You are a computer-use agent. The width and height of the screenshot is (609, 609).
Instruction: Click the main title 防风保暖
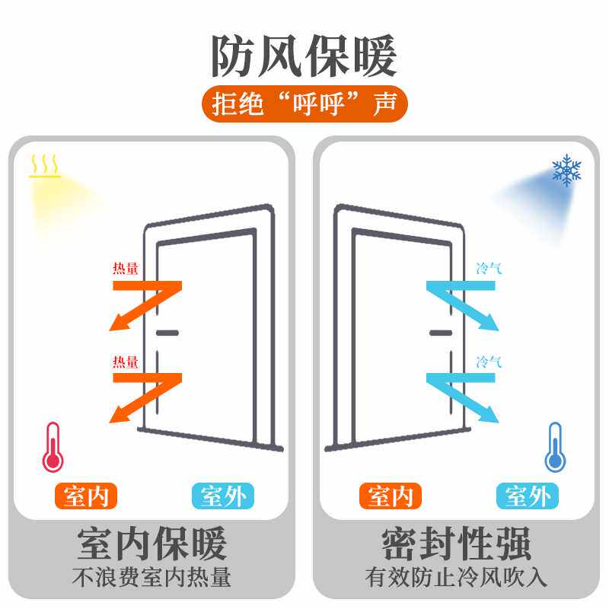coord(304,56)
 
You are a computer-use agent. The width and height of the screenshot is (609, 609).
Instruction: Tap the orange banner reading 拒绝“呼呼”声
coord(304,105)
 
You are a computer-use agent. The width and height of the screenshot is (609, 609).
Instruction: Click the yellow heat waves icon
coord(44,166)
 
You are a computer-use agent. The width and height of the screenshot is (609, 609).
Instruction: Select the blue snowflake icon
coord(566,171)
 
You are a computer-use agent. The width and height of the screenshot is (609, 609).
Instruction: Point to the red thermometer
coord(53,447)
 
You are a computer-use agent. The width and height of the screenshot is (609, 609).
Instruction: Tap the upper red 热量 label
coord(126,269)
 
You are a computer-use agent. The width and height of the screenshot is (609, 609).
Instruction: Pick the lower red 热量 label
coord(126,362)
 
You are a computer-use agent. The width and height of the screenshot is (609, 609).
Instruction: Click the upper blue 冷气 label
coord(489,269)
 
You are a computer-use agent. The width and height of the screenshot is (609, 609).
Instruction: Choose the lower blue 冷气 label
coord(489,362)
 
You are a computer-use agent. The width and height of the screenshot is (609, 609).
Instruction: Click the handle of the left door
coord(167,333)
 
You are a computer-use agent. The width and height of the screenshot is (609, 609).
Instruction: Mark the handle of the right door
coord(441,333)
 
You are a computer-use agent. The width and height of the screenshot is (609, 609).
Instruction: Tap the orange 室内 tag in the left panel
coord(86,497)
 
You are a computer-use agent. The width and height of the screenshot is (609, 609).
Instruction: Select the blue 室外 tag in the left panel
coord(222,497)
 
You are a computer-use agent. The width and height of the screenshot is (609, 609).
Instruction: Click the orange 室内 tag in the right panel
coord(390,497)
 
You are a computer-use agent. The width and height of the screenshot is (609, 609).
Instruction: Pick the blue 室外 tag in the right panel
coord(527,497)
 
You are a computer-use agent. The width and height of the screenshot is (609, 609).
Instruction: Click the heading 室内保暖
coord(152,545)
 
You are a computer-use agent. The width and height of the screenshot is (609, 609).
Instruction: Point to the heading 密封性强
coord(457,545)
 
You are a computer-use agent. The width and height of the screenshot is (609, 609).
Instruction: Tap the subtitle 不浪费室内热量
coord(152,578)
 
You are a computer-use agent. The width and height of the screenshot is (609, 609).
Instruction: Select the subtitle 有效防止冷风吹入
coord(457,578)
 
